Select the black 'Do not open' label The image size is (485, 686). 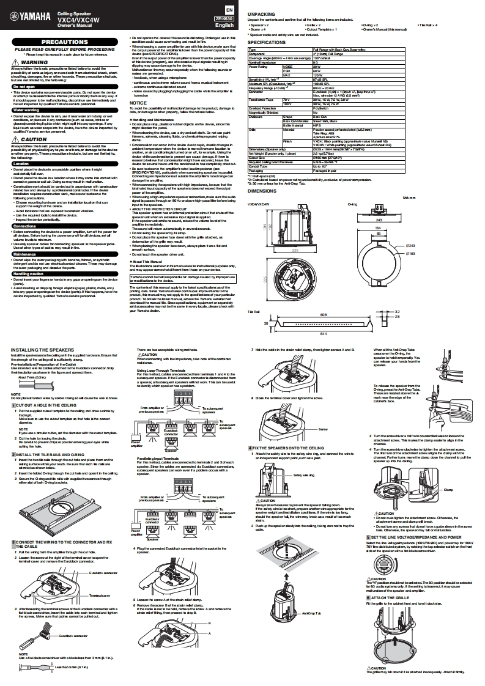24,87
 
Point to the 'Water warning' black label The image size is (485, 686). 26,109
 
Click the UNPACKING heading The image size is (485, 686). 261,13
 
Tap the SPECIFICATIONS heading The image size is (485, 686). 267,43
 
